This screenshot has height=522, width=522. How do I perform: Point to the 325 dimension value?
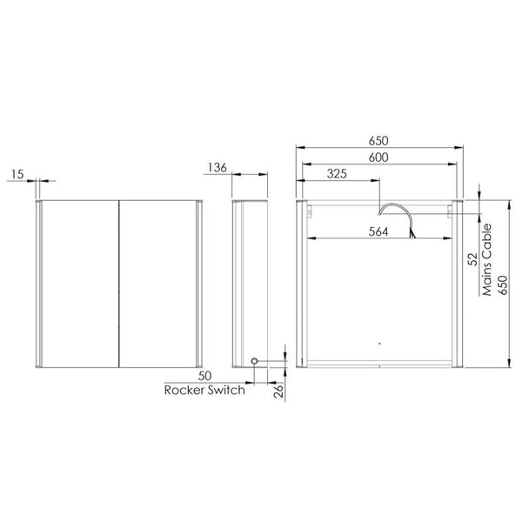tap(338, 173)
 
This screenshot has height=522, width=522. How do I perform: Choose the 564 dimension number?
tap(378, 231)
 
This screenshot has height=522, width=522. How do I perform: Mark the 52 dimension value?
tap(471, 258)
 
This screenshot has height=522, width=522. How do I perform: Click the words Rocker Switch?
tap(204, 391)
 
